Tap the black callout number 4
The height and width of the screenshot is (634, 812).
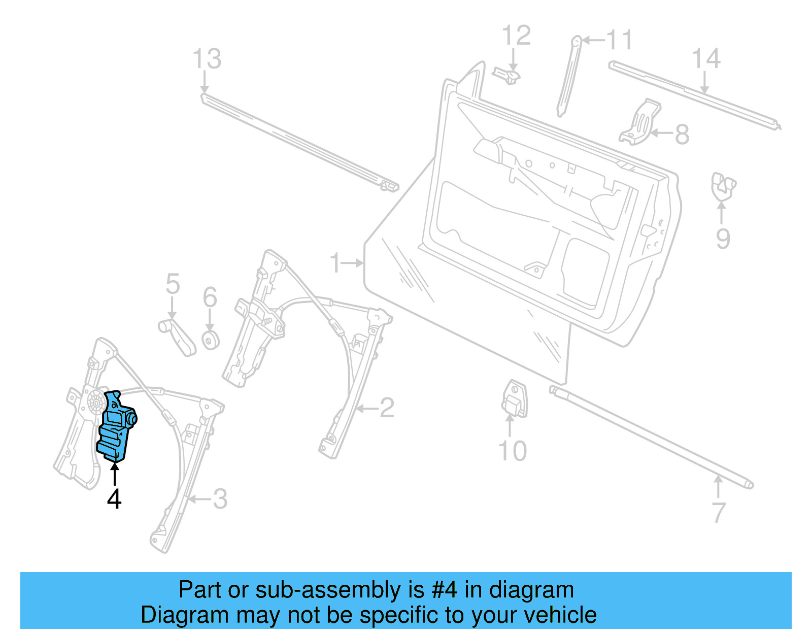click(x=114, y=499)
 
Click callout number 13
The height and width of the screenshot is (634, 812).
click(x=207, y=59)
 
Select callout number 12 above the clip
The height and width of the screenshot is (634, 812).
click(x=516, y=36)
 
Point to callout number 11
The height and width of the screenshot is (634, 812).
click(x=620, y=40)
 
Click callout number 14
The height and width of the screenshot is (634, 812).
click(x=706, y=59)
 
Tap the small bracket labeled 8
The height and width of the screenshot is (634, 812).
click(x=640, y=123)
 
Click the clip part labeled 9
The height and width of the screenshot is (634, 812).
click(x=723, y=186)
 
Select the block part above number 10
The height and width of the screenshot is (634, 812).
click(x=514, y=399)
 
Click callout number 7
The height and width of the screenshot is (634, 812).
click(x=719, y=512)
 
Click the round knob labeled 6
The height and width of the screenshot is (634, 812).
click(x=211, y=340)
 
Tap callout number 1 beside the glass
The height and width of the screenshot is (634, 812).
click(x=335, y=263)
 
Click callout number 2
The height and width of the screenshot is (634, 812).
click(x=387, y=408)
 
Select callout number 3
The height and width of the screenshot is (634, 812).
click(x=220, y=499)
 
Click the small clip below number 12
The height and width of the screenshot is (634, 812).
click(x=507, y=76)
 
